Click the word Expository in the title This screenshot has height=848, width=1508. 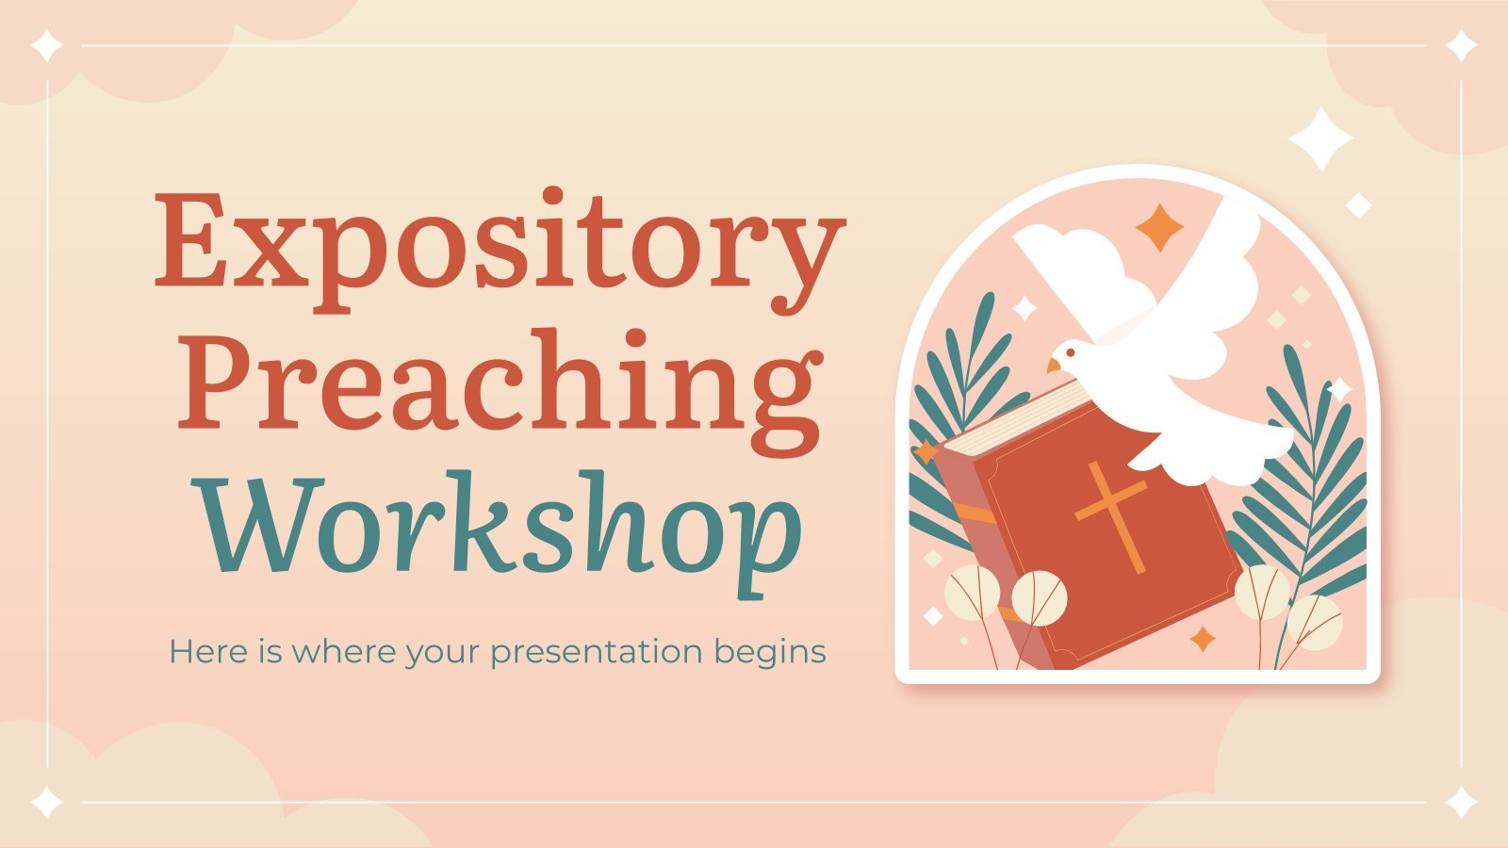click(x=498, y=245)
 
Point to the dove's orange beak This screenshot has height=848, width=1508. click(x=1054, y=365)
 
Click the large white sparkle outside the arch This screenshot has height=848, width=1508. click(x=1320, y=139)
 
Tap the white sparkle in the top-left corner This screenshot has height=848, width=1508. click(x=47, y=45)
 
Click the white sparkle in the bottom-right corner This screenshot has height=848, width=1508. click(x=1462, y=803)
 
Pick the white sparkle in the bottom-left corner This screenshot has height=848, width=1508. click(x=47, y=803)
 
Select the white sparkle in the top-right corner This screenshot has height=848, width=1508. click(x=1462, y=45)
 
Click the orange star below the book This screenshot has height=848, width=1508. click(x=1203, y=640)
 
